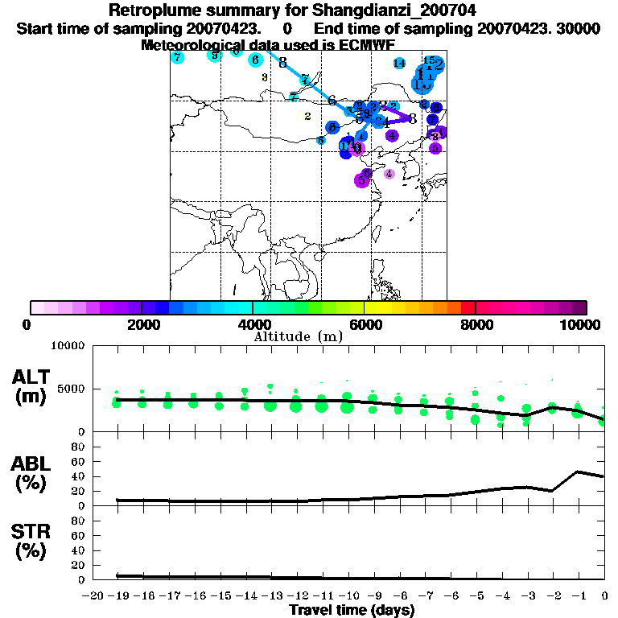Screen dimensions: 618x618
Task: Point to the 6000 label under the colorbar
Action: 364,324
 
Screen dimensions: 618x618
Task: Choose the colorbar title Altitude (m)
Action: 299,336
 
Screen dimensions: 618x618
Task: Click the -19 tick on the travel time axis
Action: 117,595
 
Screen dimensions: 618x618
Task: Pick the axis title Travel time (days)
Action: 352,611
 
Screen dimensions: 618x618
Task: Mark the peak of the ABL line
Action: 578,472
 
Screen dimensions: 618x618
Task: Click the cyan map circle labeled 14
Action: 399,64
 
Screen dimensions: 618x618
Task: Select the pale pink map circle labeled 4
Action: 389,174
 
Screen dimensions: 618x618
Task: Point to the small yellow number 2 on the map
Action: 307,117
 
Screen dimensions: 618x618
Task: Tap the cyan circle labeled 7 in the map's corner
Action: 178,57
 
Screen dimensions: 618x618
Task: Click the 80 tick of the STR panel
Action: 79,520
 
